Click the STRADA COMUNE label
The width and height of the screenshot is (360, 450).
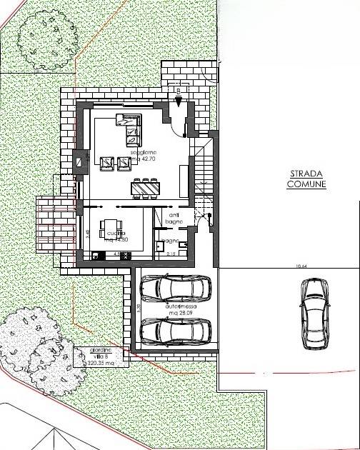308,179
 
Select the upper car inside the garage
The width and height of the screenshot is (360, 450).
176,289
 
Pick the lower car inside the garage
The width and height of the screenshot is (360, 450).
176,331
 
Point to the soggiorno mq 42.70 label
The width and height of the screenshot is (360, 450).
144,156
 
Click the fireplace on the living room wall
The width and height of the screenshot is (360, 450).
77,161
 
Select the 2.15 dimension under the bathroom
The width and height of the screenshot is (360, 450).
171,254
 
